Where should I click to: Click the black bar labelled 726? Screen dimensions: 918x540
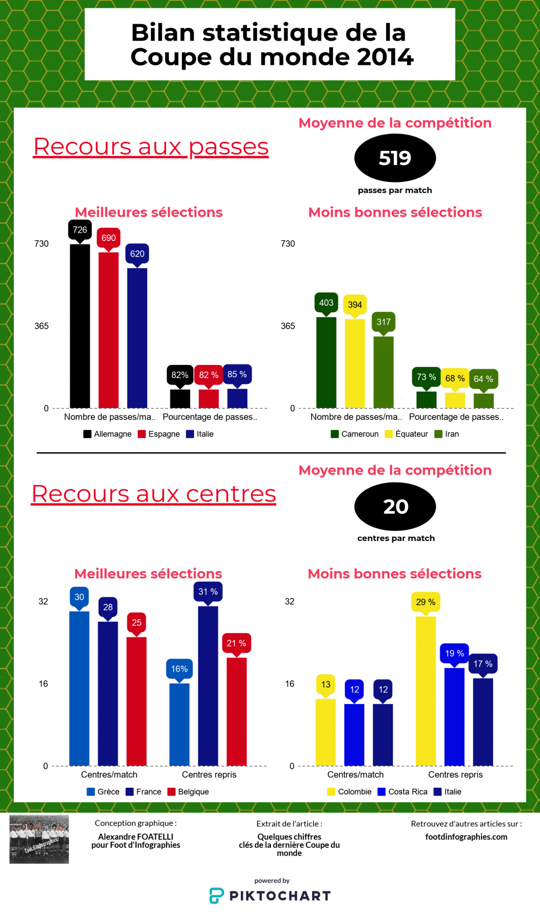(80, 327)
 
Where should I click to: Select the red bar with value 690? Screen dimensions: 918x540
(108, 331)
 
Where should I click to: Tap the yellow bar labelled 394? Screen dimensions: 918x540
(354, 364)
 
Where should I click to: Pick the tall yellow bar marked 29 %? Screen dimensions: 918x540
(426, 691)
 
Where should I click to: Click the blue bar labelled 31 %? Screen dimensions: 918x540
(208, 685)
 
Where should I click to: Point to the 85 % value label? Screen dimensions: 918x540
(237, 374)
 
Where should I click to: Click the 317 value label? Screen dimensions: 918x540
(383, 322)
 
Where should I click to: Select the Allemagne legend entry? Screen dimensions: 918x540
(108, 434)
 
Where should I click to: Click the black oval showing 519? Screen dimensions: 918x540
(395, 158)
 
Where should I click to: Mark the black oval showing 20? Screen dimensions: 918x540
(395, 507)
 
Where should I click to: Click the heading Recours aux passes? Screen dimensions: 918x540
(151, 147)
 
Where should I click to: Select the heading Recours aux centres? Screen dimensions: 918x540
(153, 495)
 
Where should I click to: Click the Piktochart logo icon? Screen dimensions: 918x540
(217, 896)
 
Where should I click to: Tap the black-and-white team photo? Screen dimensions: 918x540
(39, 839)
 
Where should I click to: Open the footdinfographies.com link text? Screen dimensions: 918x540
(466, 837)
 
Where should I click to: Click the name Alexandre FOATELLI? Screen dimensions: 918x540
(136, 837)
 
